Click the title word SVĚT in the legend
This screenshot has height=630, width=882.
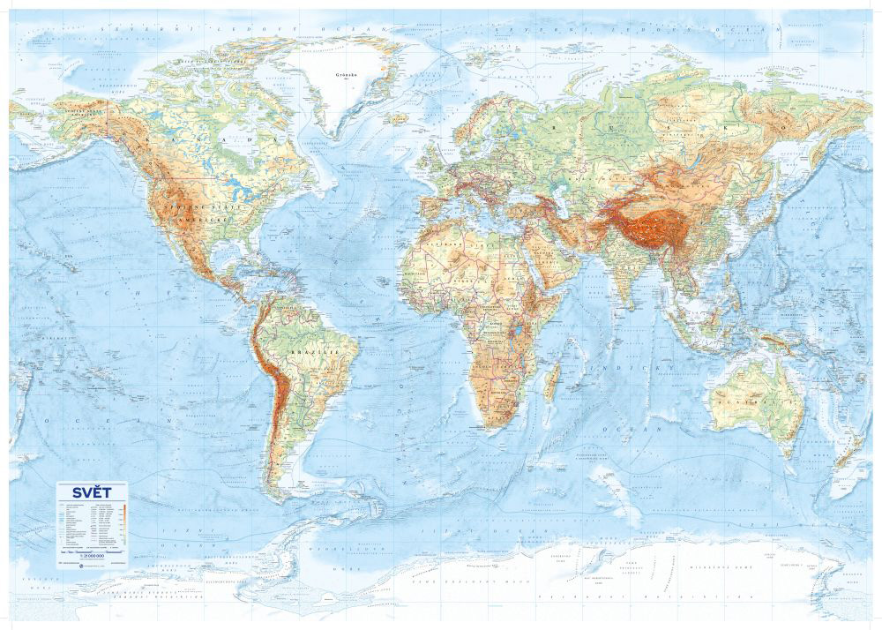[92, 492]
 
